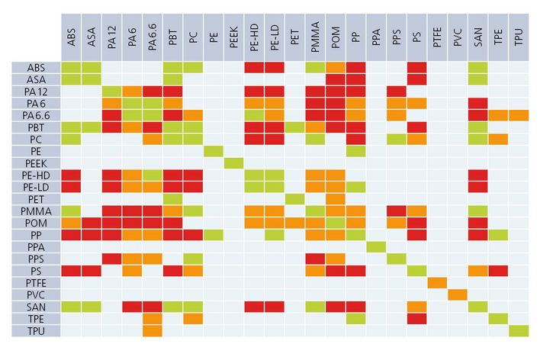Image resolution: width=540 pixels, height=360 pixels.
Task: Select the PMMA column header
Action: pos(315,35)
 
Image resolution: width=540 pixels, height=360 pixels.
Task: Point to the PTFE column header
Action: pos(437,35)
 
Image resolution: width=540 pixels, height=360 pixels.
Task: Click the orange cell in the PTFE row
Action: pos(437,283)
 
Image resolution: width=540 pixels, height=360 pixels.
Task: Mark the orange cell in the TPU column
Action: pos(519,115)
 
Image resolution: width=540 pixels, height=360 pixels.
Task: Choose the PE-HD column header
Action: pos(254,35)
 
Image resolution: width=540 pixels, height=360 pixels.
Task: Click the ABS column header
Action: pos(71,35)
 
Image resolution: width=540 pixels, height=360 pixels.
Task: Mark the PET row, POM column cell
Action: pos(336,199)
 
